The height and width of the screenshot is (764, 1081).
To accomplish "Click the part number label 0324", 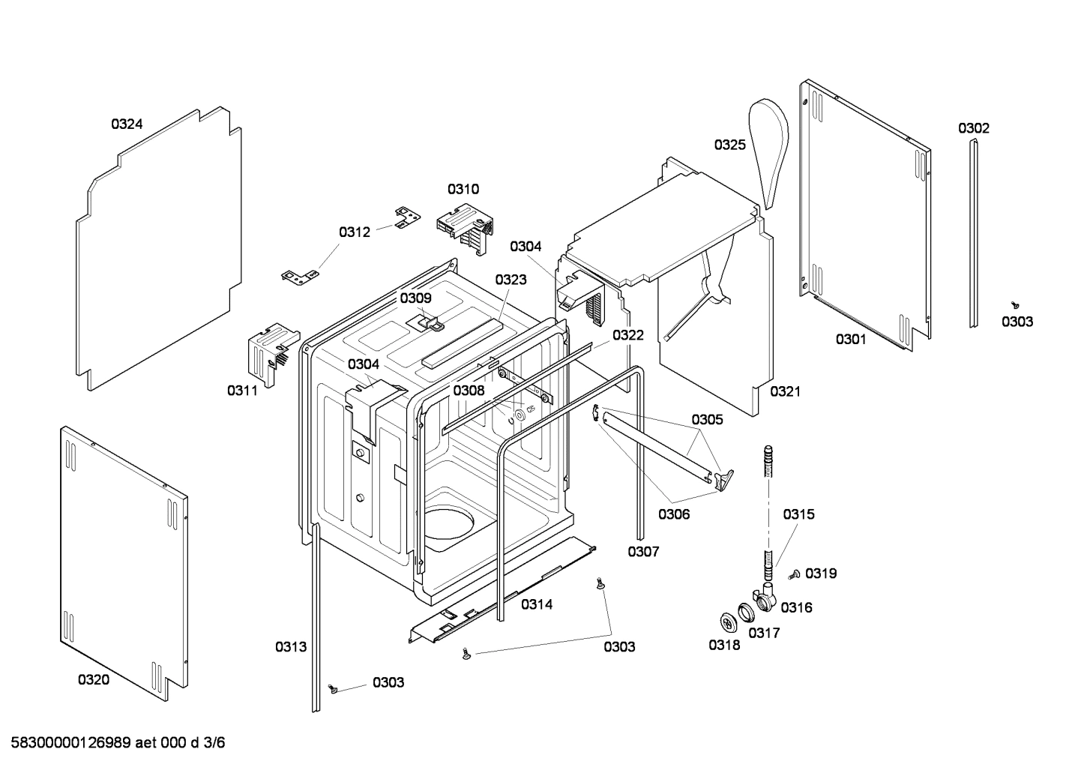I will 127,124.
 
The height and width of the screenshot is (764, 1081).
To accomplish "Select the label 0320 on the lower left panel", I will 93,680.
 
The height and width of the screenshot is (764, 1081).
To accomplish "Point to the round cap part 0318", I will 727,621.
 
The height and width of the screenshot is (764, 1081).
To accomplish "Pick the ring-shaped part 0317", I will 746,613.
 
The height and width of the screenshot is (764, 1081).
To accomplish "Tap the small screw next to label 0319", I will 795,574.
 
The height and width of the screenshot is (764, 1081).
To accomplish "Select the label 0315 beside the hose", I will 798,514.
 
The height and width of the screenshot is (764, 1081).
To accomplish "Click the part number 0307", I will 643,552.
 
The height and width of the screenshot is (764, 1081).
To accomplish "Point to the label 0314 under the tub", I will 537,604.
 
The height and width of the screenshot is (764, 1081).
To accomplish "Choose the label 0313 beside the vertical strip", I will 290,646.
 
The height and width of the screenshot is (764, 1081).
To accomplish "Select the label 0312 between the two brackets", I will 354,232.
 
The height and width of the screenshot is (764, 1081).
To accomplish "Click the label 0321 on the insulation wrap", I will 785,391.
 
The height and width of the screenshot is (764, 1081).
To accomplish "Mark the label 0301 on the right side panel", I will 851,340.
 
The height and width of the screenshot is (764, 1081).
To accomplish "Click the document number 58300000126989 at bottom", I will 71,743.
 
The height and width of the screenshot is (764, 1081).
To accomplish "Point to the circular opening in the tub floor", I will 449,521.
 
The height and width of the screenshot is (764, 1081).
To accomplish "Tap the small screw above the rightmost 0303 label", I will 1016,305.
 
